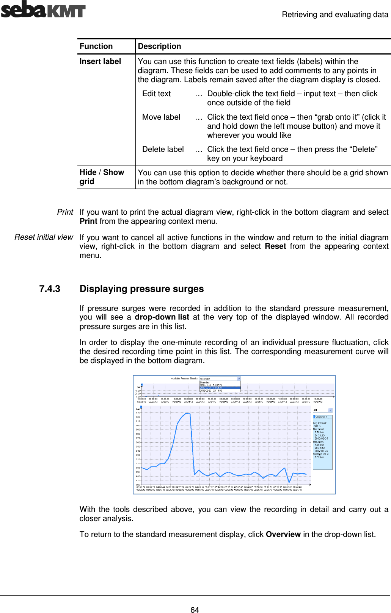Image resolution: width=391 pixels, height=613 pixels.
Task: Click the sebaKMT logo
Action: coord(43,9)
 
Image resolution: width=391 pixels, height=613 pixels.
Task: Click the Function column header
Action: coord(96,46)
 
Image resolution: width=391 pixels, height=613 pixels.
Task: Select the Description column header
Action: coord(159,46)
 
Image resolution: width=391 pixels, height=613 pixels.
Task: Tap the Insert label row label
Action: coord(100,61)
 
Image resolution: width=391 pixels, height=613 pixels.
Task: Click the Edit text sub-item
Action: coord(156,94)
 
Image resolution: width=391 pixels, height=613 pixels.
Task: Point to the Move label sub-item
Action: coord(161,117)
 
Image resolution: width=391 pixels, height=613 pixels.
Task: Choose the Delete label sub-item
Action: coord(163,149)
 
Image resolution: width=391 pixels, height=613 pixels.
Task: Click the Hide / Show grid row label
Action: coord(101,177)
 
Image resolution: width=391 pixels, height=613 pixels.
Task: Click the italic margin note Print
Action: coord(65,212)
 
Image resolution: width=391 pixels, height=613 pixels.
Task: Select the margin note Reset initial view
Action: coord(44,237)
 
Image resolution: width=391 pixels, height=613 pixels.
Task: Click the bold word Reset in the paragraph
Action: coord(275,246)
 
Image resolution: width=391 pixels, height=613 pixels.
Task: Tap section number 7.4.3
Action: coord(50,289)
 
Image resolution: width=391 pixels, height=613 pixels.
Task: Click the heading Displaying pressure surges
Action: coord(141,289)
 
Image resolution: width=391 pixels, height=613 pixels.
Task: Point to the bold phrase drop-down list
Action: coord(162,317)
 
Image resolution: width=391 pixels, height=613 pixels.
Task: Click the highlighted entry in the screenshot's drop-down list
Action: coord(220,388)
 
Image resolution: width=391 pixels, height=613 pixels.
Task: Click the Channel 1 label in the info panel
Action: coord(322,416)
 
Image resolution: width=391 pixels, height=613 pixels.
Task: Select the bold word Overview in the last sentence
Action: coord(283,534)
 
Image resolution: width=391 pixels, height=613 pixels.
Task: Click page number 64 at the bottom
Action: coord(195,610)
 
